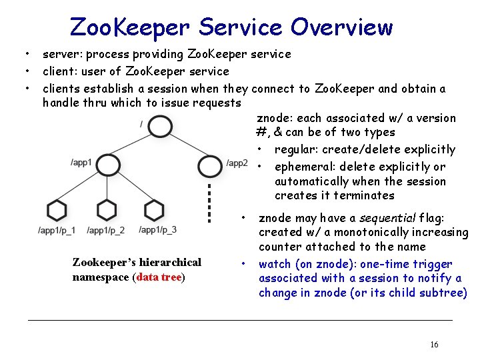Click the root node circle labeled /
pos(161,126)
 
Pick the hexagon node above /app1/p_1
pos(57,210)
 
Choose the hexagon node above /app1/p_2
pos(106,210)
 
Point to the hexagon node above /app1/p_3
pos(154,210)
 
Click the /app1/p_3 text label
pos(158,230)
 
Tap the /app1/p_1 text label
pos(57,231)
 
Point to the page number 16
pos(434,345)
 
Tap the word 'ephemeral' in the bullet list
pos(303,167)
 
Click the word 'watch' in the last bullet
pos(274,264)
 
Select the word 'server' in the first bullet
pos(60,54)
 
